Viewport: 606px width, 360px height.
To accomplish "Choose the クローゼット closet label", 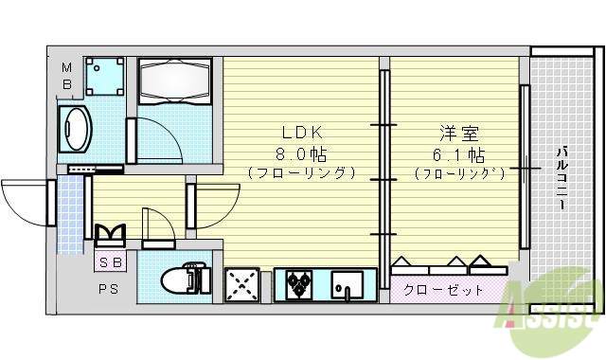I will [x=442, y=289].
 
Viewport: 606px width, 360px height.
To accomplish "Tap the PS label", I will [x=107, y=289].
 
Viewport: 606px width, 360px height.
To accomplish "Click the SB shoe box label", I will [x=109, y=260].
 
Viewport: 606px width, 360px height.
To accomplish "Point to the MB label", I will [x=67, y=75].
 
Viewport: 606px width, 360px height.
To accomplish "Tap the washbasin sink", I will [x=75, y=128].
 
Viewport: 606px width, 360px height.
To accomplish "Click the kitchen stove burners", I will [x=300, y=283].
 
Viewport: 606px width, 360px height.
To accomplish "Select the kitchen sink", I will [x=347, y=284].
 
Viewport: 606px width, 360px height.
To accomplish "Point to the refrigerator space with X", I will [x=241, y=284].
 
